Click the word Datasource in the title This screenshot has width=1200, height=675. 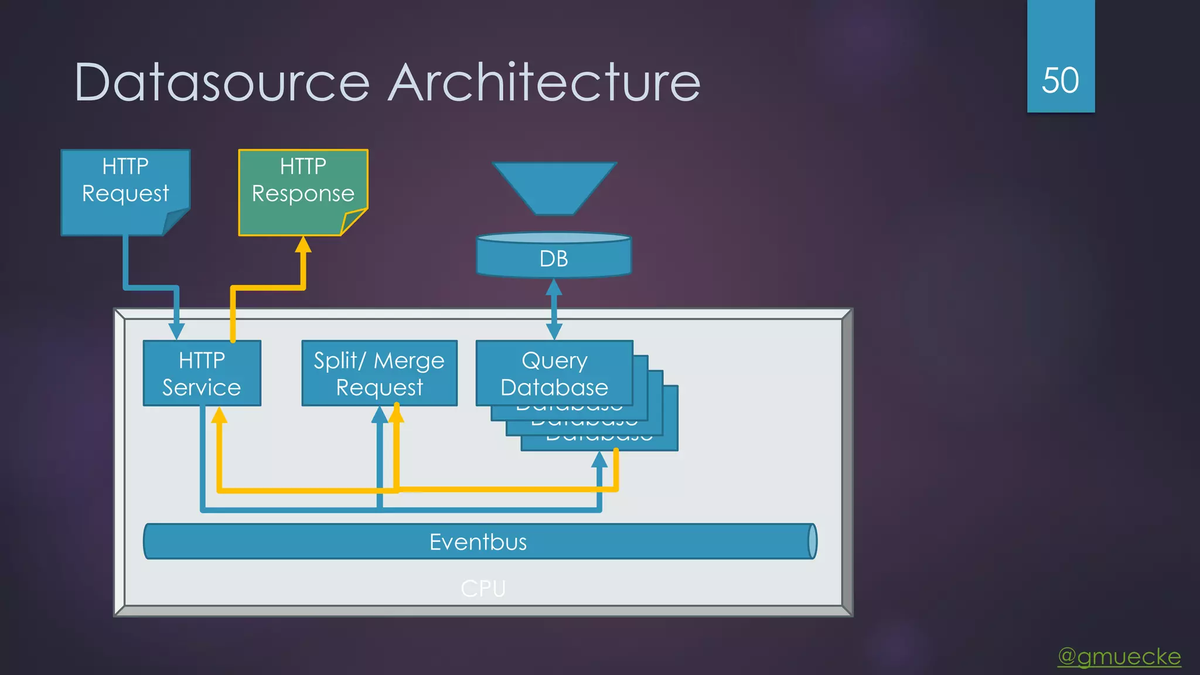(x=221, y=83)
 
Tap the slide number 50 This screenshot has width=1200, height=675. (x=1060, y=80)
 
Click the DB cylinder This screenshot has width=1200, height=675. (x=554, y=258)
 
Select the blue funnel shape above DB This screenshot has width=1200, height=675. (x=554, y=185)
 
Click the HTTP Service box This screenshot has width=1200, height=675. (x=202, y=373)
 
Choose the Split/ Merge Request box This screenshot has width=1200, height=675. (x=379, y=373)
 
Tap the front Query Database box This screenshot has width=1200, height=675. (x=554, y=373)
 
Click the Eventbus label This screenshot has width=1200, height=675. (x=478, y=542)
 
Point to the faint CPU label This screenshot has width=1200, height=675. (x=483, y=588)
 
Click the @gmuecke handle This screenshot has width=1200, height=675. (x=1119, y=656)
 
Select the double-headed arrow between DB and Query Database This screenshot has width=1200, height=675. (x=554, y=309)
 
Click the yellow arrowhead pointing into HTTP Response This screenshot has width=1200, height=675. (x=303, y=245)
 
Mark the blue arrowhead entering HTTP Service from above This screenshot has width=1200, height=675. (x=176, y=331)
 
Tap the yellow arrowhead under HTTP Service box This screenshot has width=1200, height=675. (x=219, y=415)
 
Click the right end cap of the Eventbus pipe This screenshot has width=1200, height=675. (x=812, y=541)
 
